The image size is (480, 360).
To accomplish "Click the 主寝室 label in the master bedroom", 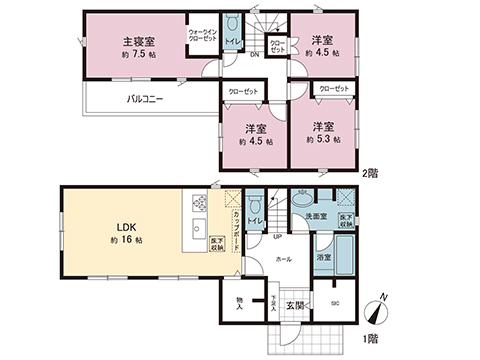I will (137, 42).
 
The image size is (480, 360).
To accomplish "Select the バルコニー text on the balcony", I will (145, 99).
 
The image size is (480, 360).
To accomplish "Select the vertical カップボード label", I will (235, 229).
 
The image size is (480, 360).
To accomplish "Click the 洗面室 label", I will (318, 216).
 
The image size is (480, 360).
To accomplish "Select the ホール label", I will (284, 258).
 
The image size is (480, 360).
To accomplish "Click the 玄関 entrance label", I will (296, 305).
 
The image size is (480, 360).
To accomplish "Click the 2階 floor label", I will (371, 173).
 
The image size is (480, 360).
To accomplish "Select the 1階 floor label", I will (371, 340).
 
